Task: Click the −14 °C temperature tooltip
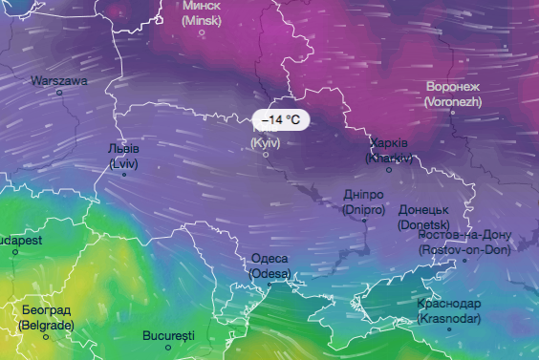coord(281,120)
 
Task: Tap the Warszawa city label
coord(59,81)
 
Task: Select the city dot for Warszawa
coord(59,93)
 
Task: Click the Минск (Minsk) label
coord(202,11)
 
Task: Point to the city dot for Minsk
coord(203,32)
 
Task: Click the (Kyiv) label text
coord(266,142)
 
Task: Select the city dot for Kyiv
coord(266,154)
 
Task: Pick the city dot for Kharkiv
coord(389,169)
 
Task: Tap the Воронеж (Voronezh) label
coord(453,93)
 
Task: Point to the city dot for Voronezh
coord(453,112)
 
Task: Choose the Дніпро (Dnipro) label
coord(363,201)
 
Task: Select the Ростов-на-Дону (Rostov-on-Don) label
coord(464,243)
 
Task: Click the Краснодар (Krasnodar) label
coord(449,311)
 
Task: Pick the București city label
coord(168,336)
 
